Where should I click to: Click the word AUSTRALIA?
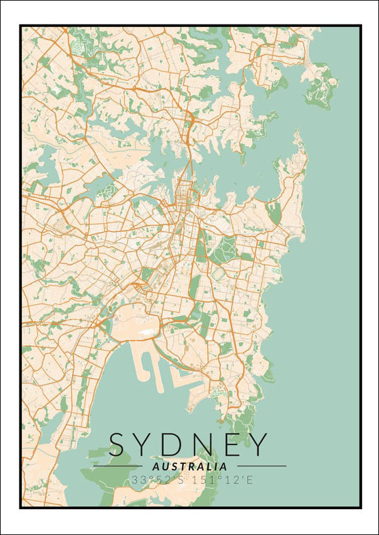(189, 466)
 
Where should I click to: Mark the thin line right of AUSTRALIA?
(260, 466)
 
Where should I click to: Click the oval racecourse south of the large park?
(218, 275)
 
